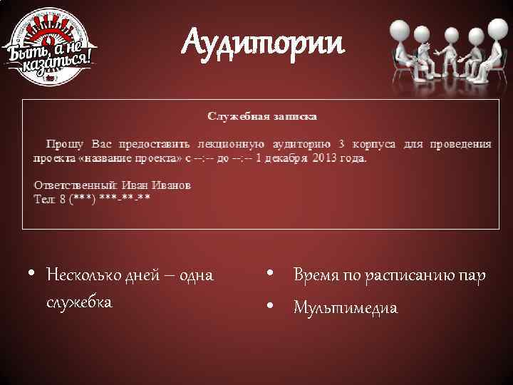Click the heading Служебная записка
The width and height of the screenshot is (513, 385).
[262, 115]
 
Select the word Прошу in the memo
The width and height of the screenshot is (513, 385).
[63, 144]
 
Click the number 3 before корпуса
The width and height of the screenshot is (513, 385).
[342, 144]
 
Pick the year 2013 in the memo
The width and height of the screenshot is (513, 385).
[325, 158]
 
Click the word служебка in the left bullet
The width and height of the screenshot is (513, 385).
[79, 302]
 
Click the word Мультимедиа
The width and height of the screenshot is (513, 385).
[346, 308]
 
